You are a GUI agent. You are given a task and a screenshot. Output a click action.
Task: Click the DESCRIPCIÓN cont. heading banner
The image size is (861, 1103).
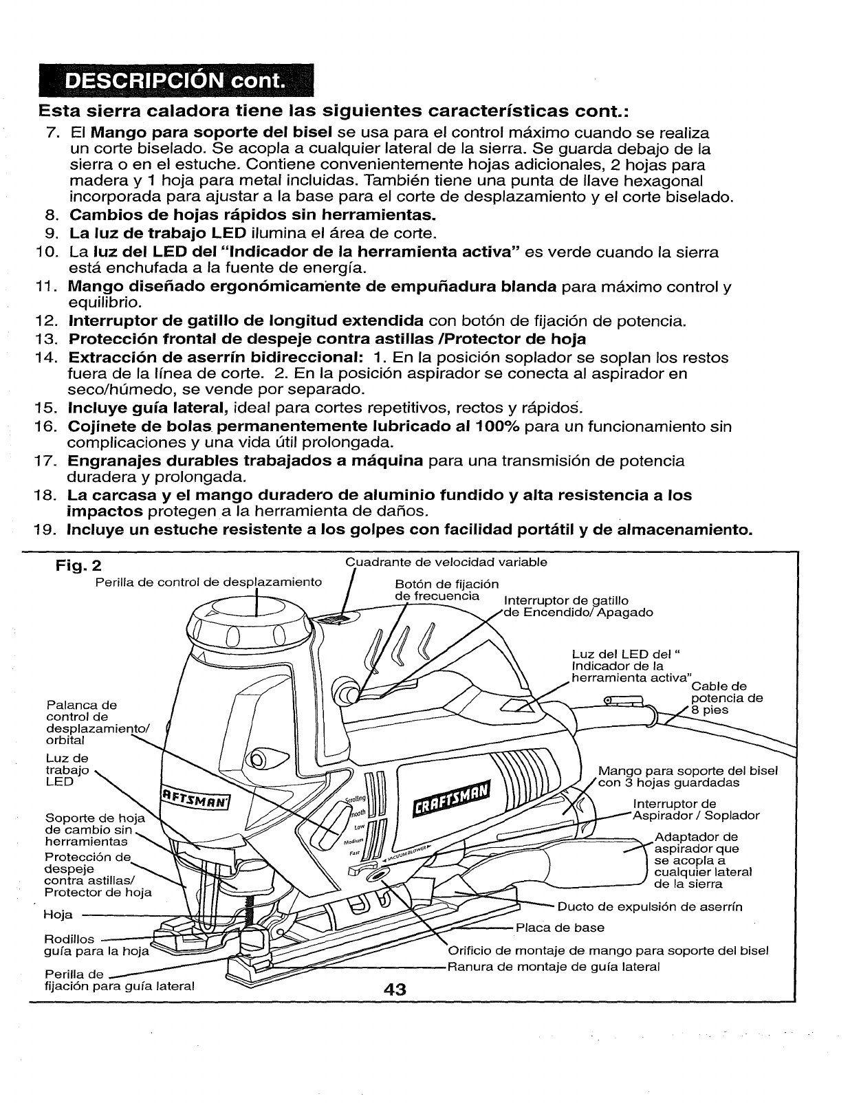(x=175, y=82)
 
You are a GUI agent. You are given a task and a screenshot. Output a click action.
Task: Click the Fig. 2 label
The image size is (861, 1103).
(x=78, y=566)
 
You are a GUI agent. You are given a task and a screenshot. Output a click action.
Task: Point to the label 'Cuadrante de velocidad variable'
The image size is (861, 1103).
(x=446, y=562)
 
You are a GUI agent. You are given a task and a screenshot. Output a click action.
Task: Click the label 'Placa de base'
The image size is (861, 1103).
(x=560, y=928)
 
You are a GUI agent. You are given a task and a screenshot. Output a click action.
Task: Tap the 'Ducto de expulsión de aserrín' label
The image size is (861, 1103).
(x=650, y=906)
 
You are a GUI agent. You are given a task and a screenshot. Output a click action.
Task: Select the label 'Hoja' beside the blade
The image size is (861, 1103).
(x=53, y=915)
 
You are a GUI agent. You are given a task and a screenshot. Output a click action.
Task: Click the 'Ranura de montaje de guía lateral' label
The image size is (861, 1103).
(x=554, y=966)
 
